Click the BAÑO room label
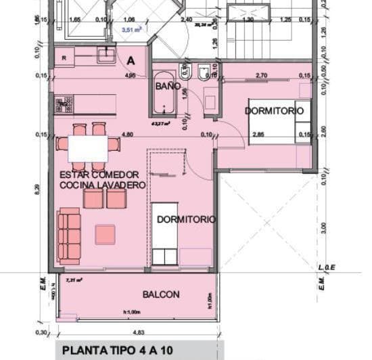pos(168,87)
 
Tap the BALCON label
pos(161,294)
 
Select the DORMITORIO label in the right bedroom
pos(274,110)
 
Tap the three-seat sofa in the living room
pos(69,235)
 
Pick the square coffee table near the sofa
pos(105,234)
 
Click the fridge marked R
pos(64,58)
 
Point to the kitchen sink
pos(106,55)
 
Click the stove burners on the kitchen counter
pos(64,104)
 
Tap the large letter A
pos(131,60)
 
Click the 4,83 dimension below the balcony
pos(138,333)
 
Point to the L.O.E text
pos(327,269)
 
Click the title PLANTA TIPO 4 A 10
pos(118,351)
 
